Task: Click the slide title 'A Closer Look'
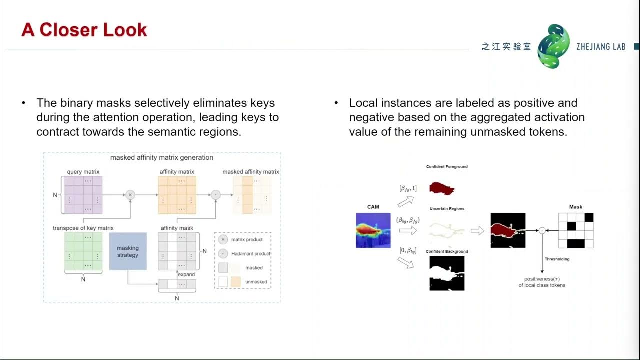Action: click(x=84, y=30)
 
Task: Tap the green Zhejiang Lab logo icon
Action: click(x=553, y=46)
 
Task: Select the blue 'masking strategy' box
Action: click(x=128, y=251)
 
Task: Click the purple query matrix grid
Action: click(x=83, y=195)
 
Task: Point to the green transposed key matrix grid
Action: click(x=83, y=251)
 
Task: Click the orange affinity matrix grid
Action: click(x=177, y=195)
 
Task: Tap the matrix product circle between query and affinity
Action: click(x=130, y=195)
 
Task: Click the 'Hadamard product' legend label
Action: click(x=251, y=254)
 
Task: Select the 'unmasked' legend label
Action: click(x=256, y=282)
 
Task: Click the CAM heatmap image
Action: click(x=373, y=230)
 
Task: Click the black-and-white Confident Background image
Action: click(x=447, y=273)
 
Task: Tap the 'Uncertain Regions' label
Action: click(x=446, y=209)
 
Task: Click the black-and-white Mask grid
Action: click(x=575, y=230)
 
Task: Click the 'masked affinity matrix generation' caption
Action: click(x=162, y=157)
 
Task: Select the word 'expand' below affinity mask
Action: click(x=187, y=274)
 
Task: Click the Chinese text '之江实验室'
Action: click(x=506, y=46)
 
